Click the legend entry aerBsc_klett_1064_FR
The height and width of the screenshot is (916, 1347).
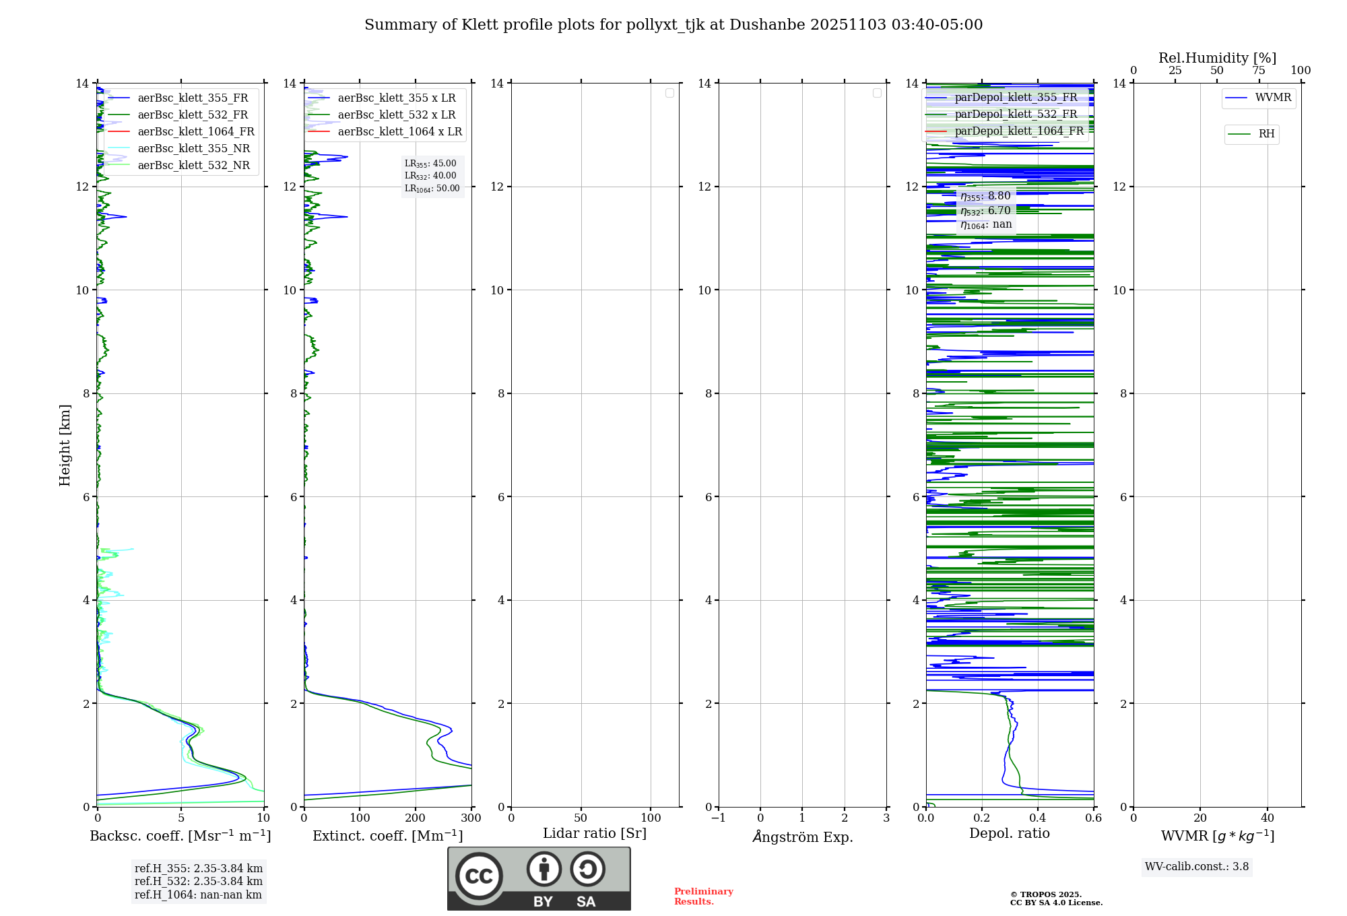click(x=196, y=132)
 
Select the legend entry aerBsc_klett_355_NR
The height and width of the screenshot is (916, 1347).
click(x=193, y=149)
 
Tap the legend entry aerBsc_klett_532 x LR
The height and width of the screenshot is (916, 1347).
click(x=396, y=115)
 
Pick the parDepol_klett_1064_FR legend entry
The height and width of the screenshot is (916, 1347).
click(x=1018, y=131)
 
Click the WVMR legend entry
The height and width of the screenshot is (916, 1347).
click(x=1272, y=98)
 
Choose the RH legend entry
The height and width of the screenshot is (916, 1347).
click(x=1266, y=134)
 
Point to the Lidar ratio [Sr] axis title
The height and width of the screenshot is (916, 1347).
click(x=595, y=834)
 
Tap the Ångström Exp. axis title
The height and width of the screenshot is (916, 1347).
click(x=802, y=837)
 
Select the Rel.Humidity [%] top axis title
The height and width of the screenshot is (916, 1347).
click(x=1217, y=58)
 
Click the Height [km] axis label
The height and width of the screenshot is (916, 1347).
click(x=65, y=445)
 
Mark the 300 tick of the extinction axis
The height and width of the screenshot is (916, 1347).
click(x=471, y=818)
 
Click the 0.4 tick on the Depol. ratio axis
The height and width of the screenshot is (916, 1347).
click(x=1038, y=818)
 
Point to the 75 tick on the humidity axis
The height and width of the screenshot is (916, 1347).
click(x=1258, y=71)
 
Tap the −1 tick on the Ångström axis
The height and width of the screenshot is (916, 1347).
click(x=719, y=818)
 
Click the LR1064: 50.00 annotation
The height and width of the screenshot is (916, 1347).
click(x=432, y=189)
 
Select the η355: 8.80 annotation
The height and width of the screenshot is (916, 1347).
click(x=985, y=196)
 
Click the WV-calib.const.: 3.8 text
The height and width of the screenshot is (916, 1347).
click(x=1196, y=867)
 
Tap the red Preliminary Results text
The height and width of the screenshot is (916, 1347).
click(x=703, y=896)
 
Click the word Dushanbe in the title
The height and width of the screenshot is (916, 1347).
click(x=766, y=25)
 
